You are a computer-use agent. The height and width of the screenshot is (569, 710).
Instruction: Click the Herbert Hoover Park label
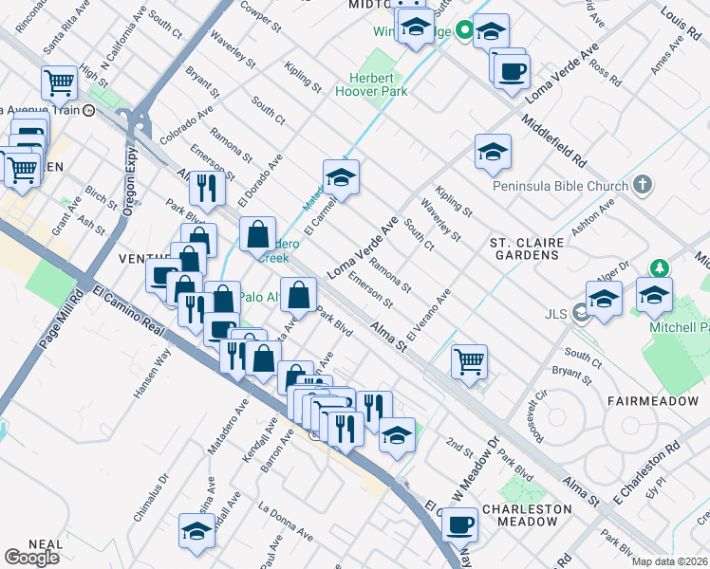pyautogui.click(x=371, y=85)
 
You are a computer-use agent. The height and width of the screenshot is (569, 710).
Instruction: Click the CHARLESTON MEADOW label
pyautogui.click(x=527, y=515)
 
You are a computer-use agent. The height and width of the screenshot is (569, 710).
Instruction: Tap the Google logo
pyautogui.click(x=32, y=557)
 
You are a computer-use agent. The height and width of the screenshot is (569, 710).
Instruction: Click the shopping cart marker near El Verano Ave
pyautogui.click(x=469, y=361)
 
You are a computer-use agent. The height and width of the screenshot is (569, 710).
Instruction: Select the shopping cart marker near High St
pyautogui.click(x=60, y=83)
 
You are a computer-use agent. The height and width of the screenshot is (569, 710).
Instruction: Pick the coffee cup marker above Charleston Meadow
pyautogui.click(x=460, y=523)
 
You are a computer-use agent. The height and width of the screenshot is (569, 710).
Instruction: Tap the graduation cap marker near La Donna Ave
pyautogui.click(x=196, y=530)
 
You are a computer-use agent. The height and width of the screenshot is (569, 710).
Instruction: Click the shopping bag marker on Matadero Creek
pyautogui.click(x=258, y=232)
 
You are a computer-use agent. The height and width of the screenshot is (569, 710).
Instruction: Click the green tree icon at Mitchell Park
pyautogui.click(x=655, y=269)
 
